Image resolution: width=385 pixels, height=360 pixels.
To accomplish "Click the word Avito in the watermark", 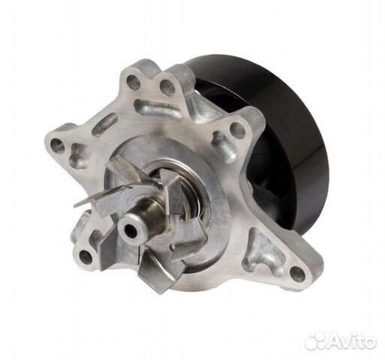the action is pyautogui.click(x=352, y=340).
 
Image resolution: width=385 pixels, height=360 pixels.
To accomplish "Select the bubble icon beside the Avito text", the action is pyautogui.click(x=315, y=340).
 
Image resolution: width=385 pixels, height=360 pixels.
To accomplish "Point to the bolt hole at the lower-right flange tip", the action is pyautogui.click(x=298, y=271).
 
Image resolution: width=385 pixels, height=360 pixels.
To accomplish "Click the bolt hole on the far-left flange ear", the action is pyautogui.click(x=57, y=145).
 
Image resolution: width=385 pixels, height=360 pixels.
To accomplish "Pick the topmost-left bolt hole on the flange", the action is pyautogui.click(x=133, y=82).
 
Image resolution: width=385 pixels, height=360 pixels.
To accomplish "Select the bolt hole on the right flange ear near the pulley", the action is pyautogui.click(x=236, y=129).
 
